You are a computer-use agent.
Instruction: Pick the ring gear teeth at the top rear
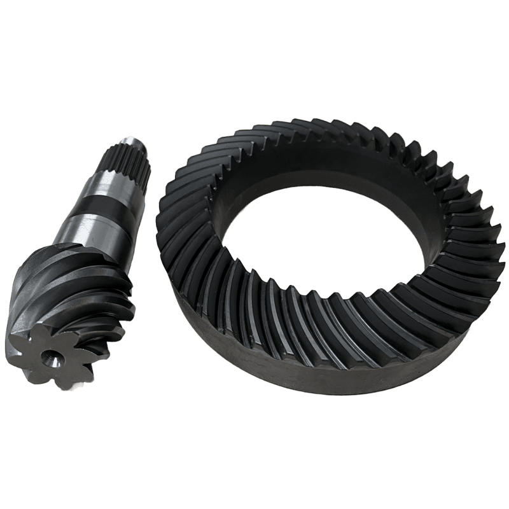[x=324, y=130]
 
